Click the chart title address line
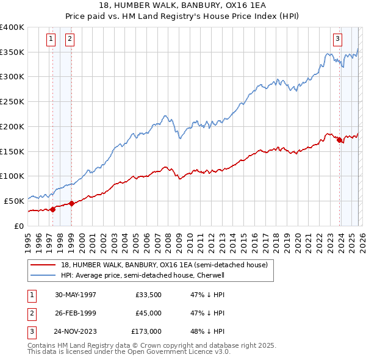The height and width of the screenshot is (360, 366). coord(182,5)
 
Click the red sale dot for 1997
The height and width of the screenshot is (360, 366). coord(52,209)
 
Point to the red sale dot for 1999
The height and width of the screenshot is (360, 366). coord(71,203)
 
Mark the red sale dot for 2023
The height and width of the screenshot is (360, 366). coord(339,140)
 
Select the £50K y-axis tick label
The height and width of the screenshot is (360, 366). coord(15,201)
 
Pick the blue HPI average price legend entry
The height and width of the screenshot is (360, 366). coord(143,275)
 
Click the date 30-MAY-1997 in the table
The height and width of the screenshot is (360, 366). coord(75,294)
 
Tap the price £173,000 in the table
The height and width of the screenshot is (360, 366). coord(146,331)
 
